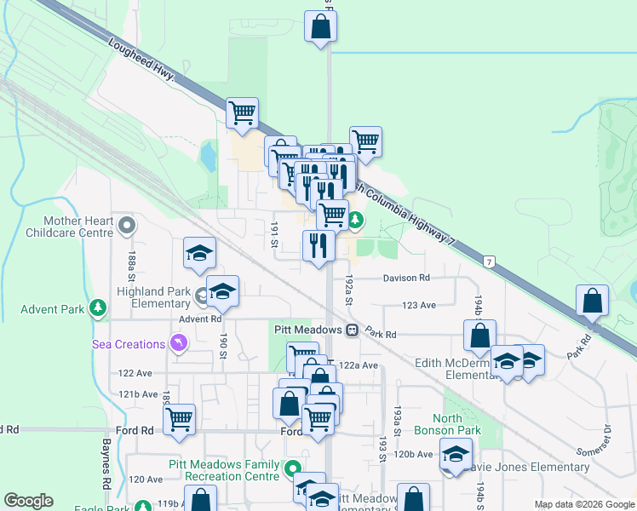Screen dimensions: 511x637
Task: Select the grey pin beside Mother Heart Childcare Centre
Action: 127,226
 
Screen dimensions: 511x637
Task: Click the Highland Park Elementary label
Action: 154,296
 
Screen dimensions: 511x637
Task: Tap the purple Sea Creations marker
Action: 178,343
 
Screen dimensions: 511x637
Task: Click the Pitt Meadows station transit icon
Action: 351,329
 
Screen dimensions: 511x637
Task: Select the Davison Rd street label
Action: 406,278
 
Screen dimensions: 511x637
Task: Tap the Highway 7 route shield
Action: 489,260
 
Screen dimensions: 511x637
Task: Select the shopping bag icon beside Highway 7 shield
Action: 592,301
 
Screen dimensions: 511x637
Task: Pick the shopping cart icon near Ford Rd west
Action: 180,419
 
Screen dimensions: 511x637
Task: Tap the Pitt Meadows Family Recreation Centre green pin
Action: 293,468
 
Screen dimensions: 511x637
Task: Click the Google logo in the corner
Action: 28,501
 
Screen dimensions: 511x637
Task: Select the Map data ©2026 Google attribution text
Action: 583,504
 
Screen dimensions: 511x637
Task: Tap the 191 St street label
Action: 274,234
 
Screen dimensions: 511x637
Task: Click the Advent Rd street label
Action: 200,319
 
